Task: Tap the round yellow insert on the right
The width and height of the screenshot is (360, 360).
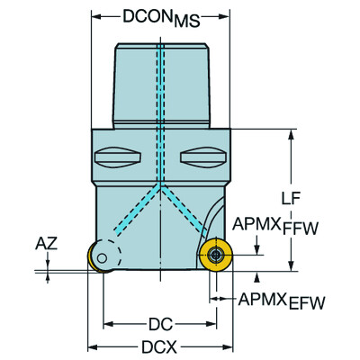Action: [x=216, y=256]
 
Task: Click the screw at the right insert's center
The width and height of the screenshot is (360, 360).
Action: [x=216, y=256]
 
